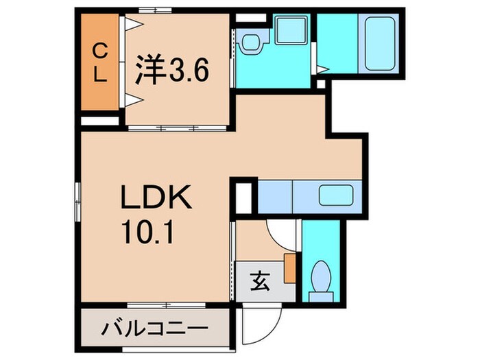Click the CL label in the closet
[x=100, y=61]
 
